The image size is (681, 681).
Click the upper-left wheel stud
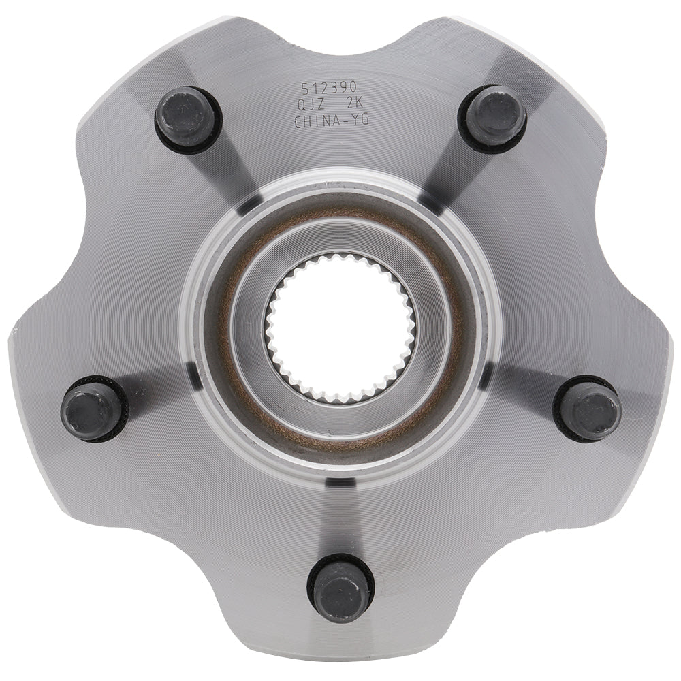187,118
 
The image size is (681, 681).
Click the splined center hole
340,327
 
